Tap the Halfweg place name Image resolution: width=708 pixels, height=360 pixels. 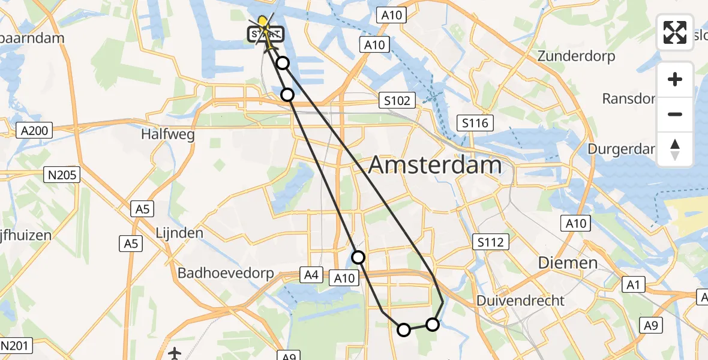[168, 134]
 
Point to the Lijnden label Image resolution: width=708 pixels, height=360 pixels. [179, 232]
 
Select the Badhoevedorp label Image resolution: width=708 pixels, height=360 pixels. [226, 273]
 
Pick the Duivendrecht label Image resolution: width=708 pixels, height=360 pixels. [520, 300]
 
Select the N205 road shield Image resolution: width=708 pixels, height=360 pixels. [62, 175]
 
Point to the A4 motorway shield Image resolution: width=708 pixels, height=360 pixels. [310, 275]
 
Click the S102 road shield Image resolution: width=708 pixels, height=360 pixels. [398, 100]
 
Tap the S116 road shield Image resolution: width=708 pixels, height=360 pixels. [474, 124]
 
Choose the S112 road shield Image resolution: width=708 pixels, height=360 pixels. [490, 242]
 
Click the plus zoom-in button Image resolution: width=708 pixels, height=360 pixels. [675, 79]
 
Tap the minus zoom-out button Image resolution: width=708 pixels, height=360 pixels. [675, 114]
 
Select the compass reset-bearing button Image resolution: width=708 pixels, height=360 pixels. [675, 149]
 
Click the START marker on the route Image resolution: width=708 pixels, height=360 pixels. [265, 34]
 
